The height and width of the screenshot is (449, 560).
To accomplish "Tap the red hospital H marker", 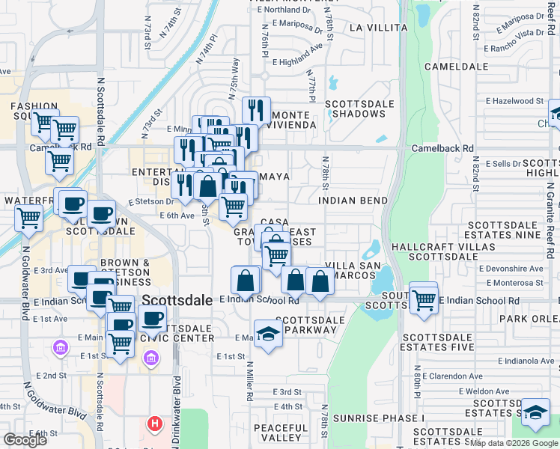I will (x=155, y=424).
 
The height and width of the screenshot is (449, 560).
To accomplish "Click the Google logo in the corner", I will (x=25, y=439).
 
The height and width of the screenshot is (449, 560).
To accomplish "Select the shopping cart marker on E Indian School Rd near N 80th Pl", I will (x=424, y=299).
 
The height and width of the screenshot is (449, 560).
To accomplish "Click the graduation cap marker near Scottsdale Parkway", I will (x=268, y=333).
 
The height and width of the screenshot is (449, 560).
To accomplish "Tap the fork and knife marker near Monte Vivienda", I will (x=256, y=111).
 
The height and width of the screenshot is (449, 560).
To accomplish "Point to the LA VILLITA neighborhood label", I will (x=376, y=28).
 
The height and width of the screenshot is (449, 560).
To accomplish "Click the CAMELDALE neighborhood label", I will (x=451, y=67).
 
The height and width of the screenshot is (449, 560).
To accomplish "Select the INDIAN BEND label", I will (x=353, y=201).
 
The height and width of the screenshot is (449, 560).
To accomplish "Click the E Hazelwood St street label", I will (x=514, y=100).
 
